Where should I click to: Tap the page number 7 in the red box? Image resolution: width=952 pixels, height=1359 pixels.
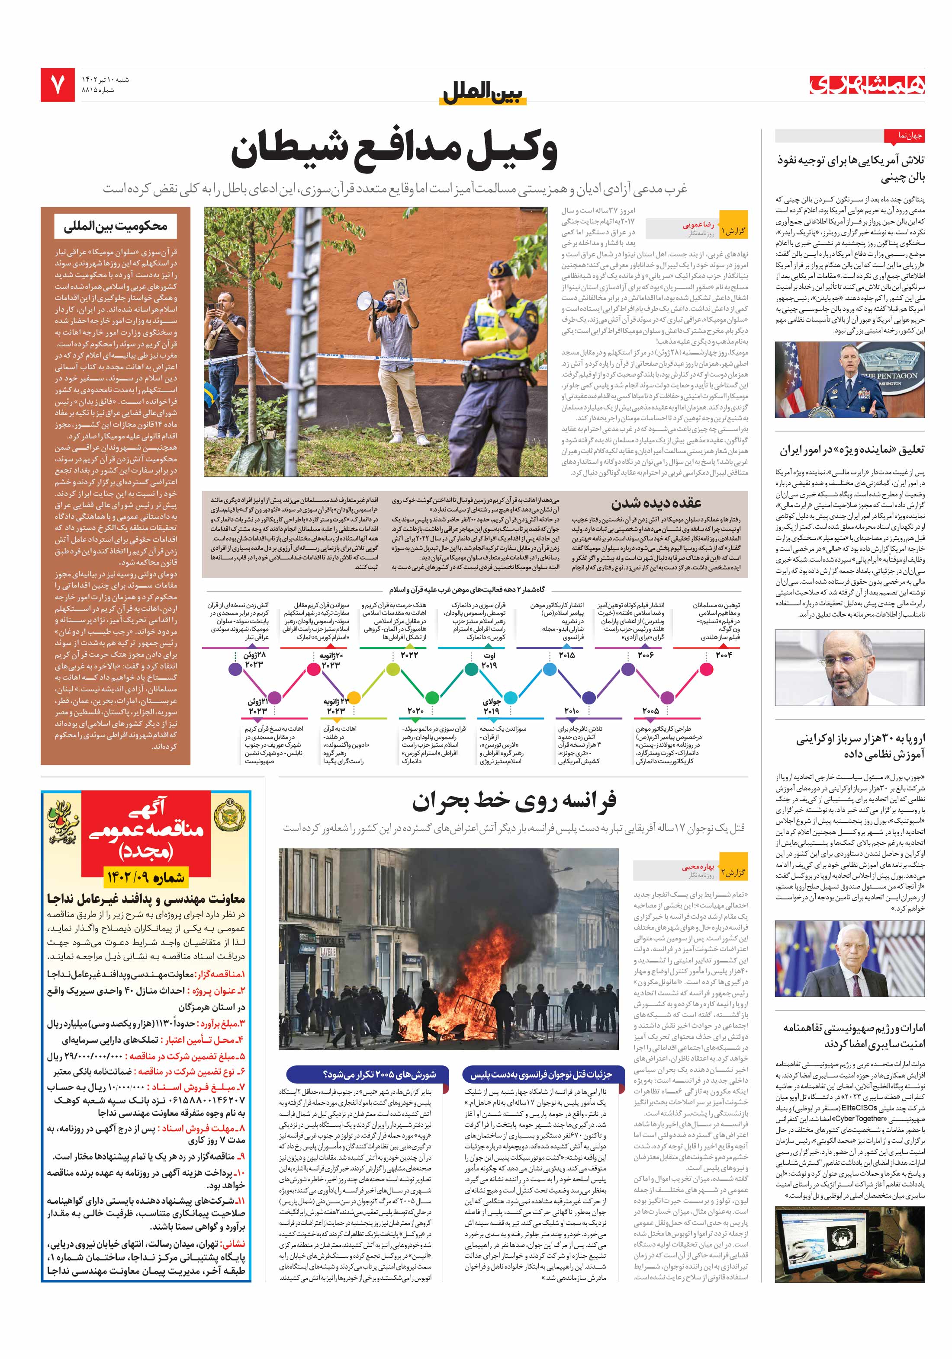(58, 85)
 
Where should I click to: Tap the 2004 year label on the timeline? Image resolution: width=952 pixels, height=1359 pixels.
(724, 655)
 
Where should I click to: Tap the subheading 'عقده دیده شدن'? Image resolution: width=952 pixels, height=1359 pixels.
(656, 503)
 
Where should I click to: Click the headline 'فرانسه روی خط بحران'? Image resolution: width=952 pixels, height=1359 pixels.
(514, 801)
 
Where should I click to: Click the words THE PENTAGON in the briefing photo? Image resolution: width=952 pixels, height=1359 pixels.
(889, 376)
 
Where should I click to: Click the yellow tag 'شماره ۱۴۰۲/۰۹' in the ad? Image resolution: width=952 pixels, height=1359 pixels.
(145, 876)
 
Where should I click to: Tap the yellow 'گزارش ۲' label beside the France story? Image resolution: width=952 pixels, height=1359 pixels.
(733, 873)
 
